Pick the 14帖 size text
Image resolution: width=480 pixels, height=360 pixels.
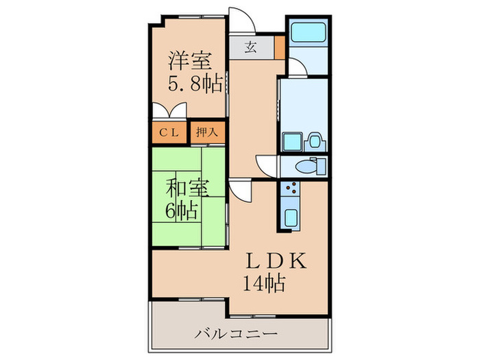point(263,282)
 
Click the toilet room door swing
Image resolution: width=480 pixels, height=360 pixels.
point(267,165)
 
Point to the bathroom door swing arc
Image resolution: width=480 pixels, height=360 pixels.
point(296,67)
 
